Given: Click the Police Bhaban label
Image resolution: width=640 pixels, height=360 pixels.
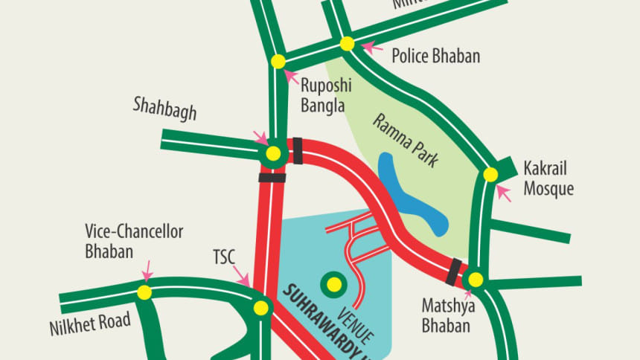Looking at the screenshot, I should pyautogui.click(x=435, y=57).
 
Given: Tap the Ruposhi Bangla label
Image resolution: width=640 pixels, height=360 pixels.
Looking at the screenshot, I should pyautogui.click(x=324, y=96).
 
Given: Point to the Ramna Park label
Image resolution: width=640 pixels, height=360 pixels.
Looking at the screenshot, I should pyautogui.click(x=406, y=141).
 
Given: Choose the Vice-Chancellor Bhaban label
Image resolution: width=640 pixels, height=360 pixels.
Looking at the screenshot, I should pyautogui.click(x=133, y=241).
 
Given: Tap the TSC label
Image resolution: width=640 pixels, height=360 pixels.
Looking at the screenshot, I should pyautogui.click(x=223, y=258).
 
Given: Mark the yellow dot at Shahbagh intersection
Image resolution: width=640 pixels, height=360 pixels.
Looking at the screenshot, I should pyautogui.click(x=273, y=154).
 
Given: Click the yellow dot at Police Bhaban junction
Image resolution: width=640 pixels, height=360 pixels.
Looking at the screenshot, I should pyautogui.click(x=347, y=44).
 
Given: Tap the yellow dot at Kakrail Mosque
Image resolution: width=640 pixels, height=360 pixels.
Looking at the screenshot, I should pyautogui.click(x=490, y=175).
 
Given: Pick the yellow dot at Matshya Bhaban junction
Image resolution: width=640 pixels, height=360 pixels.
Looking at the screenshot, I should pyautogui.click(x=475, y=280).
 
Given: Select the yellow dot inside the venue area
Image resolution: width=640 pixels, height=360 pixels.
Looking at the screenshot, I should pyautogui.click(x=333, y=283).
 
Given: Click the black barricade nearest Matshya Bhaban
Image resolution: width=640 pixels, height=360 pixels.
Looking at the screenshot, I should pyautogui.click(x=452, y=271).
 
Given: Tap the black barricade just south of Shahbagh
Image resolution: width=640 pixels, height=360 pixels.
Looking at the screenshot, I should pyautogui.click(x=272, y=178).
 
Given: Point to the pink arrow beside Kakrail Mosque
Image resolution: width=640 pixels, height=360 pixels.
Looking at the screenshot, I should pyautogui.click(x=504, y=194).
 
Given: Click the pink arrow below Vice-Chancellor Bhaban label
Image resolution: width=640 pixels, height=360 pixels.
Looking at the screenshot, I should pyautogui.click(x=148, y=269).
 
